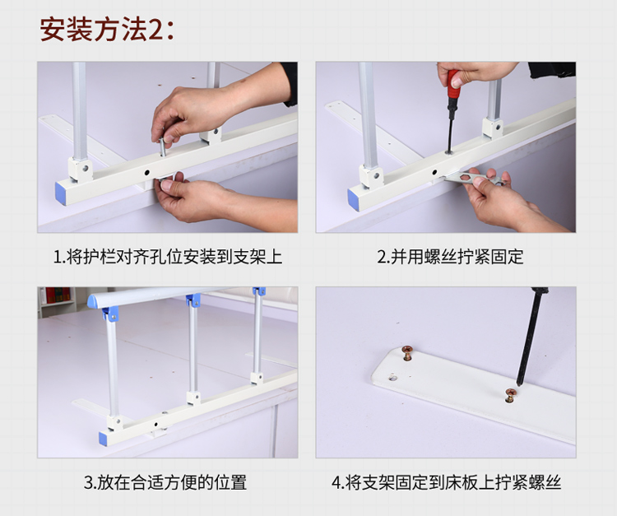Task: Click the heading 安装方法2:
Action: coord(106,29)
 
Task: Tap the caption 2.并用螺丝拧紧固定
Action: coord(450,257)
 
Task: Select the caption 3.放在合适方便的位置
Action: coord(165,482)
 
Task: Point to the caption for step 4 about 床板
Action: coord(446,482)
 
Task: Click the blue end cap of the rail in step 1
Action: coord(61,193)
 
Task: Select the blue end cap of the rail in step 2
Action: coord(354,200)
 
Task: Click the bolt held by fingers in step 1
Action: coord(163,146)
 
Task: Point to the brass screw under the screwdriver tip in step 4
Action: coord(511,395)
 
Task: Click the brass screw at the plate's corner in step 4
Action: coord(406,352)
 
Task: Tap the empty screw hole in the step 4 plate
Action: coord(392,378)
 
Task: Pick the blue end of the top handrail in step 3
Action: coord(92,301)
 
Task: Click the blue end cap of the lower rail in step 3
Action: coord(103,439)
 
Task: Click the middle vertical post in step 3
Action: coord(193,351)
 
